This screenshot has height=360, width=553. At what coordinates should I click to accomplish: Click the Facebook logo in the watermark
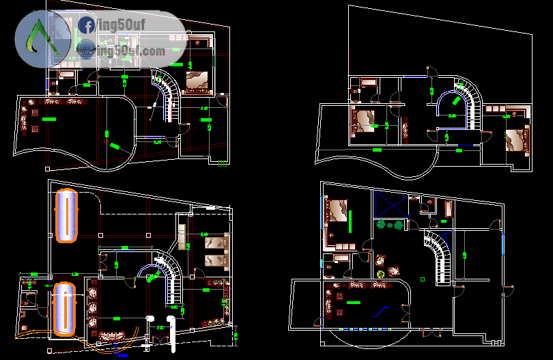click(x=87, y=26)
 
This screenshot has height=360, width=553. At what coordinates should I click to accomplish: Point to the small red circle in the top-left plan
click(x=107, y=141)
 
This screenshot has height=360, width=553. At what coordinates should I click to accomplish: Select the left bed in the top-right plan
click(x=363, y=120)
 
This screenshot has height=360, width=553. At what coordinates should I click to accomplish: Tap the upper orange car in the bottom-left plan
click(x=67, y=215)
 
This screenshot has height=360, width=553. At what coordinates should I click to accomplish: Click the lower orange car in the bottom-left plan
click(x=65, y=307)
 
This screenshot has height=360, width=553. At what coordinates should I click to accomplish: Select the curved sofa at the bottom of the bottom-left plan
click(x=116, y=335)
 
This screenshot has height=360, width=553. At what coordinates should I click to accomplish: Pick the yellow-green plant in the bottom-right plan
click(x=380, y=275)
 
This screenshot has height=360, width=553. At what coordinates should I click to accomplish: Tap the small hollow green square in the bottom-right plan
click(x=423, y=279)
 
